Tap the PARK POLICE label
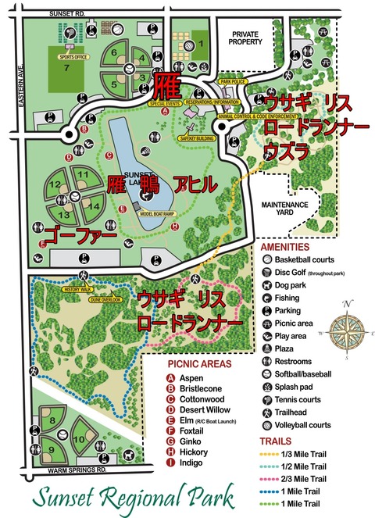(x=233, y=80)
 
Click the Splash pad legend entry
(x=294, y=388)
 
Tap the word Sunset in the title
(x=66, y=497)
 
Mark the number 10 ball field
(x=80, y=438)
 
